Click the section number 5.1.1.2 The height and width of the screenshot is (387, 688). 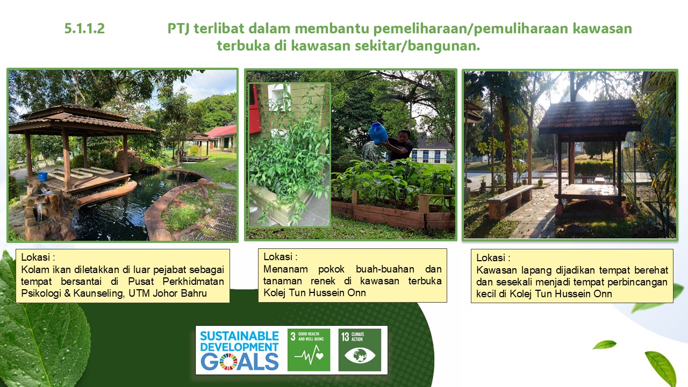point(84,28)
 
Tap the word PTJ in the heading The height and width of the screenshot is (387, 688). point(178,29)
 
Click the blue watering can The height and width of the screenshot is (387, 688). point(377,133)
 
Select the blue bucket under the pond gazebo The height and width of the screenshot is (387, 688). point(42,176)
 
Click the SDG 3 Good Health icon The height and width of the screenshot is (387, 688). point(309,350)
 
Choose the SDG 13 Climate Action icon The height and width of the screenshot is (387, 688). point(360,350)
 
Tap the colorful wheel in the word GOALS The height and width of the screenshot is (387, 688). point(228,362)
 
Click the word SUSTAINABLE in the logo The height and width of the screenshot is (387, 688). point(240,336)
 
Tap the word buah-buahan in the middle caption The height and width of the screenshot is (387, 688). point(385,269)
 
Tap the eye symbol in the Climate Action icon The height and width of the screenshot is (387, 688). point(360,355)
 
